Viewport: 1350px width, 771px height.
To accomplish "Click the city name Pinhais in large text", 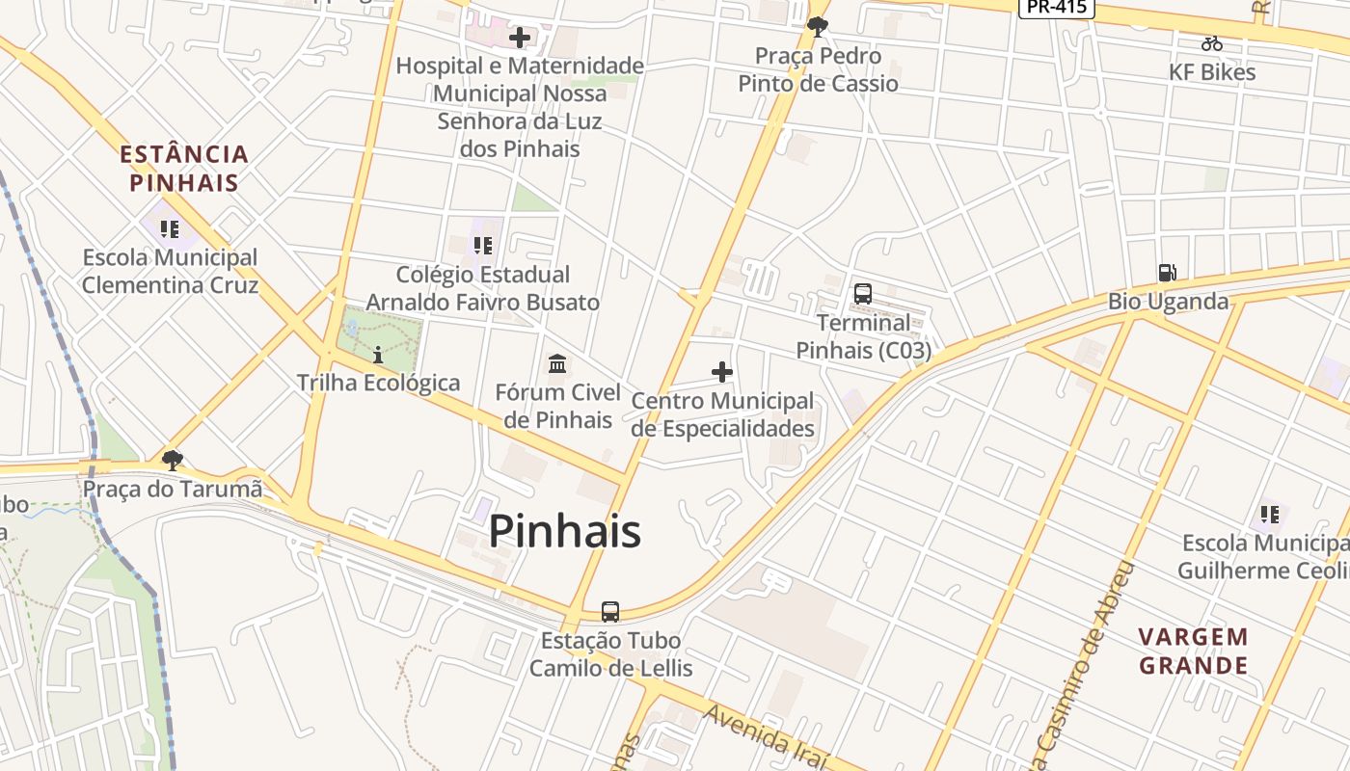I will click(564, 531).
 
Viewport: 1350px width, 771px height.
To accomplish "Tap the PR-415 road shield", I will click(1057, 7).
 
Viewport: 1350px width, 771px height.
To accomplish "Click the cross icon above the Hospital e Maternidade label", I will click(520, 38).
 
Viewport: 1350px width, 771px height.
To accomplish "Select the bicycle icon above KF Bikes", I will click(1212, 43).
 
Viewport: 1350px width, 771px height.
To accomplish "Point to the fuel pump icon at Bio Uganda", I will click(1167, 273).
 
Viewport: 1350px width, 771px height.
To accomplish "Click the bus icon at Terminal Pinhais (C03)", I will click(863, 294).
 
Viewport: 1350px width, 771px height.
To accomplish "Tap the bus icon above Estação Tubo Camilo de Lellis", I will click(610, 611).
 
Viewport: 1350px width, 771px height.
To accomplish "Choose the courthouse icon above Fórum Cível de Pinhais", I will click(557, 363).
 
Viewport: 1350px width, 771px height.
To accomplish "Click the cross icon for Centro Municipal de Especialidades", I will click(721, 372).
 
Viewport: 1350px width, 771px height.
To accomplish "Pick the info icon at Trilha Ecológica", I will click(378, 355).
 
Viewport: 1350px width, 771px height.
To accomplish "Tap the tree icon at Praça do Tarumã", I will click(173, 460).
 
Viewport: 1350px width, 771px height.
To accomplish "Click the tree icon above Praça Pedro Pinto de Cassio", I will click(818, 27).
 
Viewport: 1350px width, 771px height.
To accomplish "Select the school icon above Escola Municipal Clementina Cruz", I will click(170, 229).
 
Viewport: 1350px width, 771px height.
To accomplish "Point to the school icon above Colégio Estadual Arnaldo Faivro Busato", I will click(483, 246).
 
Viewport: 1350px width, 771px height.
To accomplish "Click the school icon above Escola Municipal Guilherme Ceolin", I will click(1269, 515).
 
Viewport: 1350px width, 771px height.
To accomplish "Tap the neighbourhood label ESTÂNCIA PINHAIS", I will click(184, 168).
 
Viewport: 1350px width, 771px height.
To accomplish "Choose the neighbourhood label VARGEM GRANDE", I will click(1193, 651).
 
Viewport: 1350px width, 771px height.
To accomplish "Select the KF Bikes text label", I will click(1212, 72).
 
